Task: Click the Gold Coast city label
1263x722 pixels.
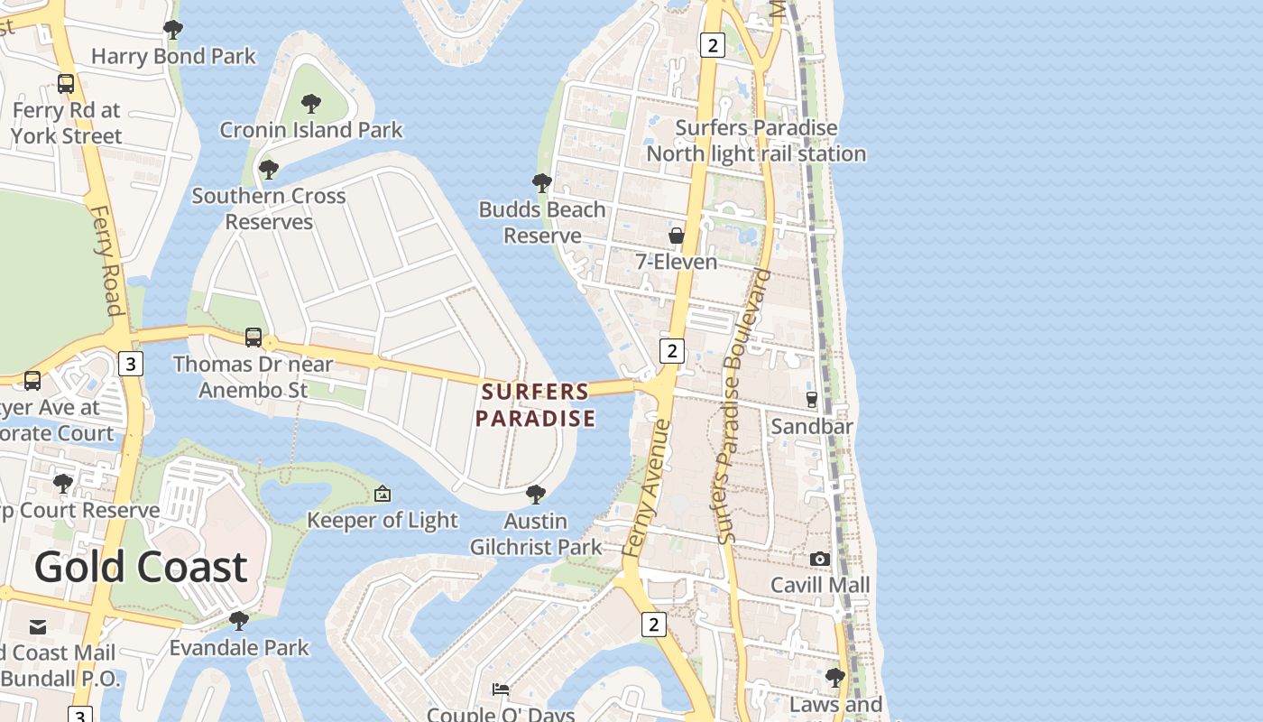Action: tap(141, 567)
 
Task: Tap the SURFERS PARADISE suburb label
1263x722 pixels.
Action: tap(535, 405)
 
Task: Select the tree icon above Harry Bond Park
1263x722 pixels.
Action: tap(173, 30)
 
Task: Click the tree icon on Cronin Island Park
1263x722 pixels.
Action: tap(311, 103)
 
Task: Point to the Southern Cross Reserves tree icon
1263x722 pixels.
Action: tap(268, 169)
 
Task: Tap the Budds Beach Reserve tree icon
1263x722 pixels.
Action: tap(541, 183)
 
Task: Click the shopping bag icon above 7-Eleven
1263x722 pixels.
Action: tap(676, 236)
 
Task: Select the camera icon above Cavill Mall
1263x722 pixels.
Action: tap(819, 559)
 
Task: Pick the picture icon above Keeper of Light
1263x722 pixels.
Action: tap(383, 494)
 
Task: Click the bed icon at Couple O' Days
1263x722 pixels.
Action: tap(501, 690)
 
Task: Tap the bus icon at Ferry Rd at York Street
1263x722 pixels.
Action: tap(66, 84)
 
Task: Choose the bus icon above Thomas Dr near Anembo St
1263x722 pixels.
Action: tap(254, 338)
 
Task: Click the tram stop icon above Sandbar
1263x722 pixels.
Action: tap(811, 399)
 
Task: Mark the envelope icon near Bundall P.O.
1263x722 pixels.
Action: tap(38, 625)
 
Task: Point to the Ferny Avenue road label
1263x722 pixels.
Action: tap(647, 487)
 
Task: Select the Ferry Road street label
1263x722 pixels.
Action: tap(106, 262)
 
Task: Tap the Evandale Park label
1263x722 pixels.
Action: tap(239, 648)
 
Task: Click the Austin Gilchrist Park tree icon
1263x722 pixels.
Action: tap(535, 495)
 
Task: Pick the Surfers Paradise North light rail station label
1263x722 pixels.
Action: tap(756, 141)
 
